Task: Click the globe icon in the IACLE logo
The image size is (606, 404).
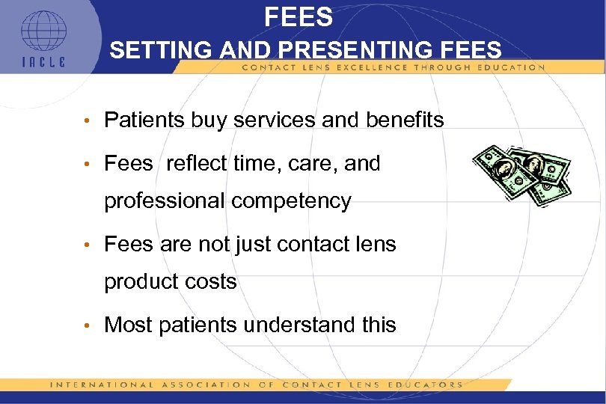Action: [43, 32]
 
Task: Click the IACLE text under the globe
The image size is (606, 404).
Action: [43, 62]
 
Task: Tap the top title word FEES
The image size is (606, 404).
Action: [298, 16]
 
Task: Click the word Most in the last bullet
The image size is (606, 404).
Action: [128, 325]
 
